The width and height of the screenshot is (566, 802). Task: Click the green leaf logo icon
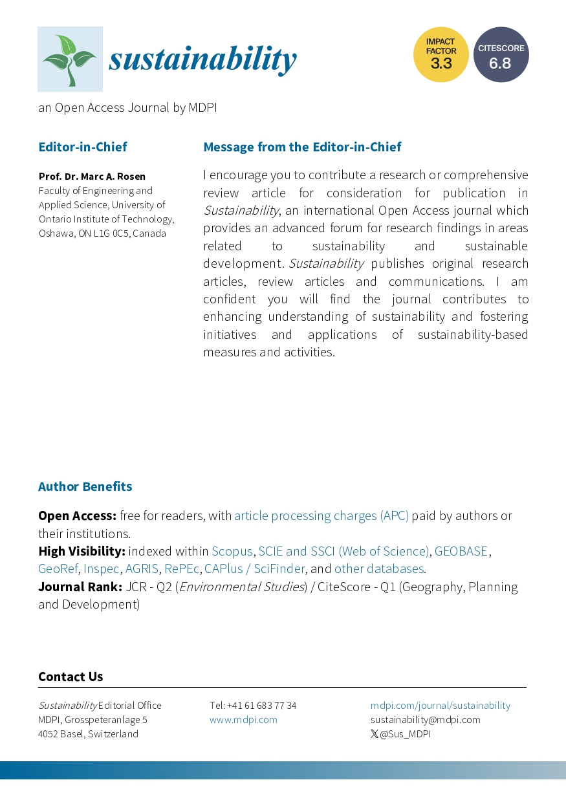[x=70, y=59]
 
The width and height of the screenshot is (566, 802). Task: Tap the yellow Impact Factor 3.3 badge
[x=441, y=55]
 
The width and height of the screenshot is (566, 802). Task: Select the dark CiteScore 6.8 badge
[x=501, y=55]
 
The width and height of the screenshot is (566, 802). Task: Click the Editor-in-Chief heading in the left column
[x=83, y=147]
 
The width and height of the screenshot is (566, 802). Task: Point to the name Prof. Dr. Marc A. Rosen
[x=92, y=177]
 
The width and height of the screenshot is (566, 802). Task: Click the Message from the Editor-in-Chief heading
[x=302, y=147]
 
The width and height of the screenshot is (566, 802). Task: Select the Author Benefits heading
[x=85, y=486]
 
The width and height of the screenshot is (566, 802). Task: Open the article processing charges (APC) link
[x=321, y=516]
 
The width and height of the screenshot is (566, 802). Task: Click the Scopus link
[x=232, y=552]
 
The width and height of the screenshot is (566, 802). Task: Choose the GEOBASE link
[x=461, y=552]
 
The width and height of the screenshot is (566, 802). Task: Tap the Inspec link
[x=102, y=569]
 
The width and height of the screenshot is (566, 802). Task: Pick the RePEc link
[x=182, y=569]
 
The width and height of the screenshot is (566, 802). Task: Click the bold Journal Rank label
[x=80, y=587]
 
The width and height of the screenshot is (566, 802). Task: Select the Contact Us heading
[x=71, y=677]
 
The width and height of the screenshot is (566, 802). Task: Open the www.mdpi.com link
[x=243, y=720]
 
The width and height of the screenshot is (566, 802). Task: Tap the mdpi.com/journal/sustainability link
[x=441, y=706]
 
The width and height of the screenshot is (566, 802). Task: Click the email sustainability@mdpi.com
[x=426, y=720]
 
